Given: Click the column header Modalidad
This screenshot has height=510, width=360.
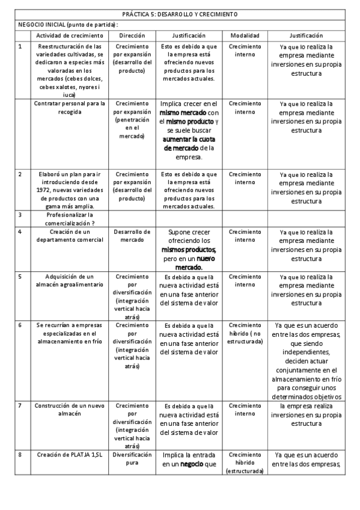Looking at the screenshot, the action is point(245,36).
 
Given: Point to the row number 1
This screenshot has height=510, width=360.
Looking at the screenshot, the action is point(20,46).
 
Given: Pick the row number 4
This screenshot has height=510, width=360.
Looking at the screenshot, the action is point(20,232).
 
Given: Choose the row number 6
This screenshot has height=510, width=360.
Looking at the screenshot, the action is point(20,325).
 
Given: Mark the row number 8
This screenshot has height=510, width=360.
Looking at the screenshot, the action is point(20,455).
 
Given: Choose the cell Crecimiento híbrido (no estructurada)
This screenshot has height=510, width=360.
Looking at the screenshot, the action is point(245,333).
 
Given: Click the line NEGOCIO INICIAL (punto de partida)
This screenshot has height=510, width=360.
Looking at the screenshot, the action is point(67,25).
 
